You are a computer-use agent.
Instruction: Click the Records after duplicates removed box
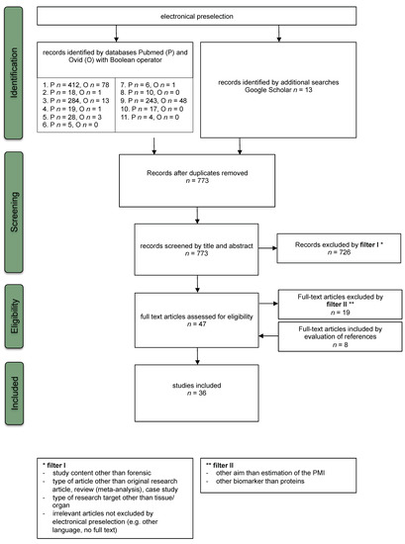[x=204, y=177]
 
